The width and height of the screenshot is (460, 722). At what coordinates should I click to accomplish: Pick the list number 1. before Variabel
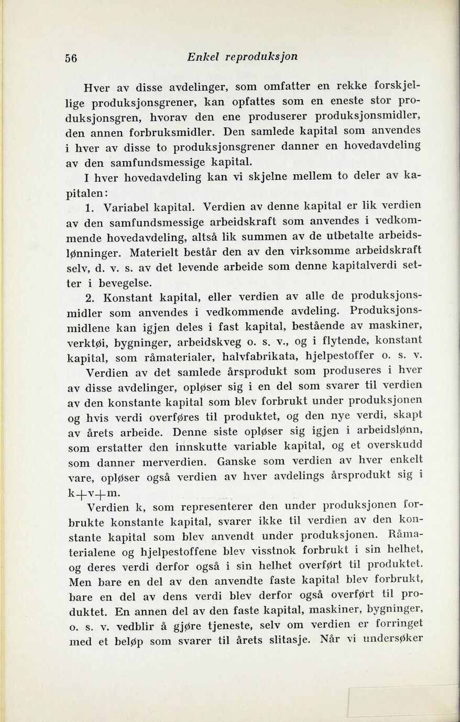tap(93, 207)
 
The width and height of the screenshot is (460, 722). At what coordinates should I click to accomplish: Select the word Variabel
tap(124, 207)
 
